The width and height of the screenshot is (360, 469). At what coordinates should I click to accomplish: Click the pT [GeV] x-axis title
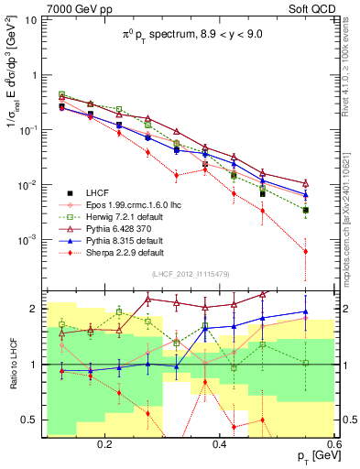coord(309,456)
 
